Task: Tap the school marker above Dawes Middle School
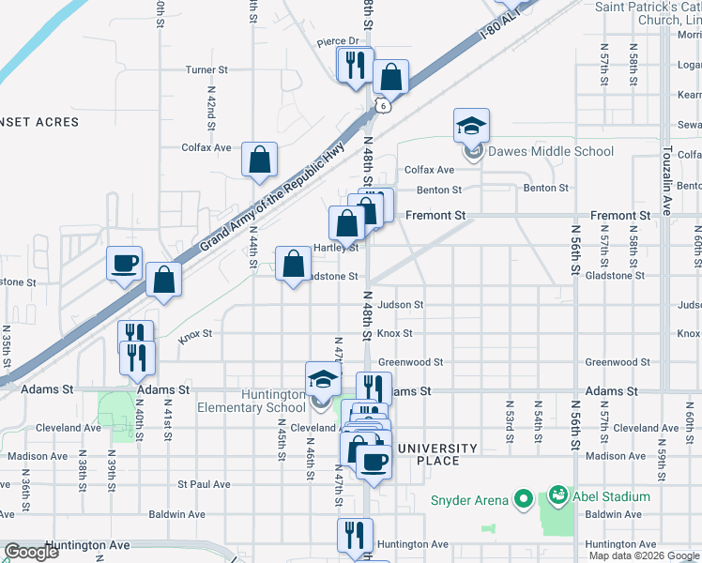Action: point(472,125)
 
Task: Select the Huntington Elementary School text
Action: point(252,401)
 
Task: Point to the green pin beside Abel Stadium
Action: point(557,495)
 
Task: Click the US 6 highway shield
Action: point(381,106)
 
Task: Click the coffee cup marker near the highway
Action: point(124,264)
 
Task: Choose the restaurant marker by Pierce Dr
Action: point(355,66)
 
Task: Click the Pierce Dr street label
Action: point(338,41)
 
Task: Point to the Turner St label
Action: point(206,69)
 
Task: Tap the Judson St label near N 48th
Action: point(401,305)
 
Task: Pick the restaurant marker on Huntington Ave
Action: point(355,535)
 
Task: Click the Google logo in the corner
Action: point(31,552)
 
